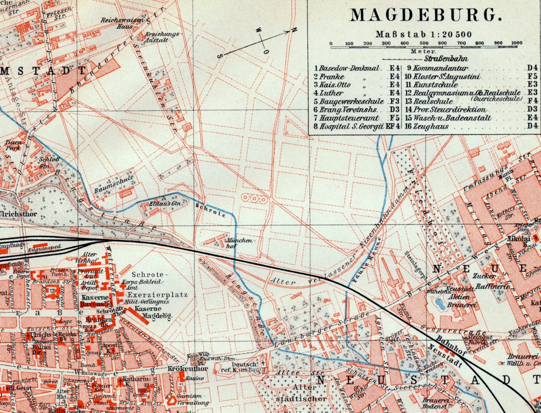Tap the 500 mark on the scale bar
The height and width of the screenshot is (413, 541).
424,43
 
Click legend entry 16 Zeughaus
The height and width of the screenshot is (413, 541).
427,126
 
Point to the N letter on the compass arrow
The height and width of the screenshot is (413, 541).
294,30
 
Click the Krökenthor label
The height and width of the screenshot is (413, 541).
187,369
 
